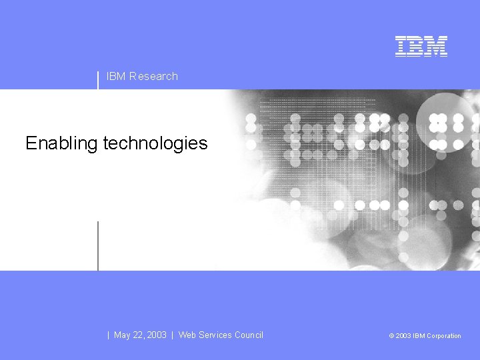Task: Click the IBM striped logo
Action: (x=421, y=46)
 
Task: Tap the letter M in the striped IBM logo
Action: (x=437, y=46)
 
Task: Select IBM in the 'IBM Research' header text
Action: (x=116, y=76)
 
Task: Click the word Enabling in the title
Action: (x=61, y=143)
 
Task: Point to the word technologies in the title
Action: (x=155, y=143)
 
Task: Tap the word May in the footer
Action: (x=122, y=335)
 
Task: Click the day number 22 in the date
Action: (x=139, y=335)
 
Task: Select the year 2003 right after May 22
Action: (x=156, y=335)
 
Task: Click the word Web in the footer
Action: (x=187, y=335)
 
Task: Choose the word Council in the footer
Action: (x=249, y=335)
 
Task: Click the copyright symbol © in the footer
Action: (x=391, y=336)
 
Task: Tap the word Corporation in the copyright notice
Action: (x=444, y=336)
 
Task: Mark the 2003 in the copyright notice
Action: (x=403, y=336)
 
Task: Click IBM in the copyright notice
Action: (x=419, y=336)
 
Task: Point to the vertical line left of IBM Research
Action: (x=98, y=80)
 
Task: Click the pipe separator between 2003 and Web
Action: (x=173, y=335)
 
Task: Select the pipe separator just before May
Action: (x=109, y=335)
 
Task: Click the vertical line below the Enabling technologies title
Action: (x=98, y=245)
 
